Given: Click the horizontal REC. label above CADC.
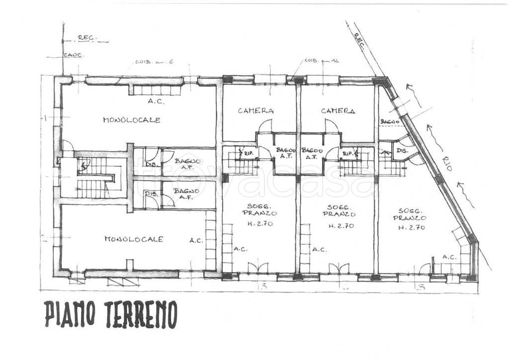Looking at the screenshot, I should (x=86, y=38).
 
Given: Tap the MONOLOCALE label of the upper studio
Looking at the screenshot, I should (x=132, y=120).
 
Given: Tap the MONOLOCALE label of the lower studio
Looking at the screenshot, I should (x=134, y=239).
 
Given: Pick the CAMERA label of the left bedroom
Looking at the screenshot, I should (x=255, y=111).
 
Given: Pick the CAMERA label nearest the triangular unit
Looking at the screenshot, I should (x=338, y=111).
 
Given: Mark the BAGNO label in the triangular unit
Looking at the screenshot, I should (x=387, y=121).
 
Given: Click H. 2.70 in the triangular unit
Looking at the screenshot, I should (x=411, y=228).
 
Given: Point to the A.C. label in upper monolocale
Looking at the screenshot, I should (x=156, y=101).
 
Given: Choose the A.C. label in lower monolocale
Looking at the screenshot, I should (x=196, y=241).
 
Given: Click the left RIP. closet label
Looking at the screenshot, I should (x=248, y=154).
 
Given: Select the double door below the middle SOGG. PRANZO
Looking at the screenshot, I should (x=338, y=269).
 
